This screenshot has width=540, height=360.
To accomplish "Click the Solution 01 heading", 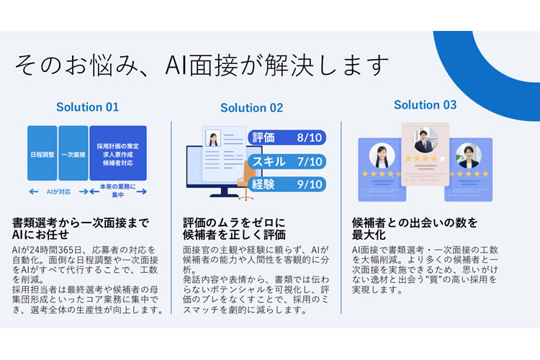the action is coord(87,107).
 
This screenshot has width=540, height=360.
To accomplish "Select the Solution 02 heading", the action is coord(252,108).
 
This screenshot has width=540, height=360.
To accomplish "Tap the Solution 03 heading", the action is coord(425,104).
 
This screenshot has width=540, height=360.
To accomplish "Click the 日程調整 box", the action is coord(42,153).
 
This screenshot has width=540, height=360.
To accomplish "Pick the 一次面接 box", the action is coord(73,153).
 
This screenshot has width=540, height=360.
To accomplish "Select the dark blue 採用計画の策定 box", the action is coord(118,153).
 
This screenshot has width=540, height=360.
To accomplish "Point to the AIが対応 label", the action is coord(58,192).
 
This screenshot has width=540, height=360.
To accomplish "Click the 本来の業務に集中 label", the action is coord(118,191).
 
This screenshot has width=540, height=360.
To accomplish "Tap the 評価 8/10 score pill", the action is coord(287,138).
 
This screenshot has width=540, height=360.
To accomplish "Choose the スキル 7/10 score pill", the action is coord(287,161).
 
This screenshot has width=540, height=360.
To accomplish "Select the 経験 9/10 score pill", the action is coord(287,184).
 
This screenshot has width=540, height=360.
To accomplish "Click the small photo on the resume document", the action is coord(213,138).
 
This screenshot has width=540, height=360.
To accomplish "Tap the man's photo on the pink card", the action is coord(426,140).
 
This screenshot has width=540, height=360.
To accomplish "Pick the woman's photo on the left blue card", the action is coord(382,156).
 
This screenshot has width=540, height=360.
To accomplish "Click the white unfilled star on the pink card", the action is coord(443,158).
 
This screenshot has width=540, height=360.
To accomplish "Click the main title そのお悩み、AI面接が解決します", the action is coord(202,65).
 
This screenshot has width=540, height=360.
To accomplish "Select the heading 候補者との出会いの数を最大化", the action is coord(415,228).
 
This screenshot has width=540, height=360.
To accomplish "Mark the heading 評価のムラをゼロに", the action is coord(234,222).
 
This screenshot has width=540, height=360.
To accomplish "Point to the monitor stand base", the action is coord(224,195).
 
